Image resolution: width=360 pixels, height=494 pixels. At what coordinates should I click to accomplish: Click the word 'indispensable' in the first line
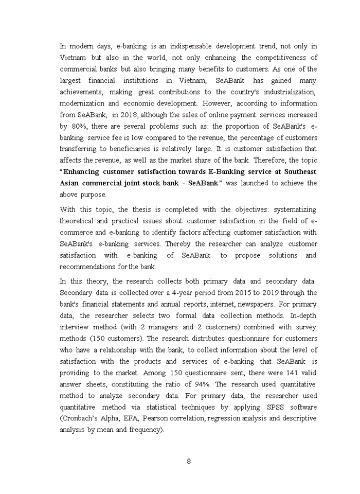(x=170, y=46)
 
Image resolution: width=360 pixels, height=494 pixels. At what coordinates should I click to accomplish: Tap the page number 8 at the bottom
(x=189, y=461)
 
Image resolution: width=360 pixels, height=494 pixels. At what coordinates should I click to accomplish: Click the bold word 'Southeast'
(x=298, y=172)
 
